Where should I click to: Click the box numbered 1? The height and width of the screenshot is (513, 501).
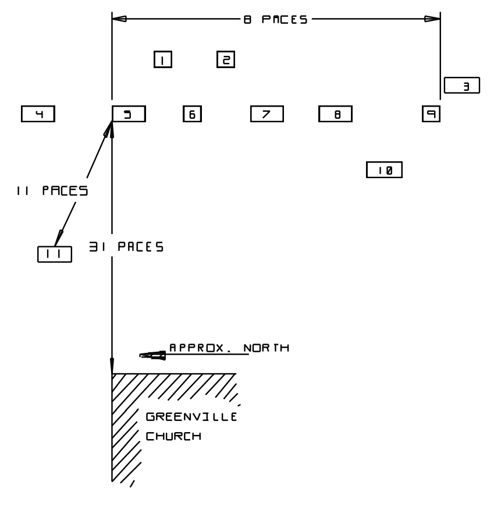[x=163, y=59]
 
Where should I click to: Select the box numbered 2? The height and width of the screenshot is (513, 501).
[x=225, y=59]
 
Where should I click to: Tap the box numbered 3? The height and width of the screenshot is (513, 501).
[x=461, y=86]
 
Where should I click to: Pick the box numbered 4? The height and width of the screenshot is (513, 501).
[x=38, y=114]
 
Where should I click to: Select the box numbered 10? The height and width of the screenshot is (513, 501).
[x=385, y=170]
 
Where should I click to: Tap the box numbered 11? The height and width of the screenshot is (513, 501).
[x=55, y=254]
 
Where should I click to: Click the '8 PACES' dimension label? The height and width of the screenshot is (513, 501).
[x=275, y=19]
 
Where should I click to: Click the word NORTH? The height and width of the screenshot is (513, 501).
[x=267, y=348]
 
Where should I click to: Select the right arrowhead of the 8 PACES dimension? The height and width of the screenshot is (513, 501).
[x=432, y=19]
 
